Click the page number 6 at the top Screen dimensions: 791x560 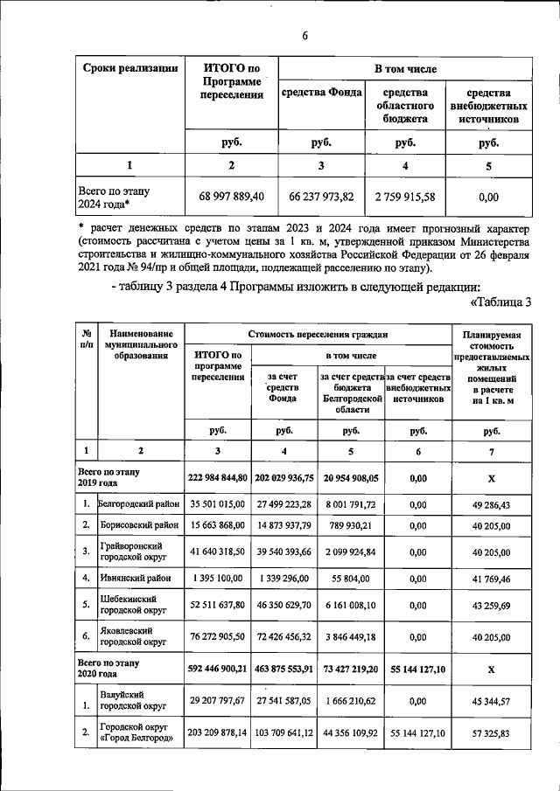point(305,36)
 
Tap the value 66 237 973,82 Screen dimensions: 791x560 point(321,197)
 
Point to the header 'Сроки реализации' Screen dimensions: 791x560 point(130,68)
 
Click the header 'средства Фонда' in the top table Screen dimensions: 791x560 point(321,92)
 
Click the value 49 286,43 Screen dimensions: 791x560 point(491,504)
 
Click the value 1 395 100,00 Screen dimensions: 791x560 point(218,578)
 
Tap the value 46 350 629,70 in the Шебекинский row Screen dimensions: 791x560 point(284,606)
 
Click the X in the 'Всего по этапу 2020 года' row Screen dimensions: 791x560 point(491,669)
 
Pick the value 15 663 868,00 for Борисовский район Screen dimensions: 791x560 point(218,525)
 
